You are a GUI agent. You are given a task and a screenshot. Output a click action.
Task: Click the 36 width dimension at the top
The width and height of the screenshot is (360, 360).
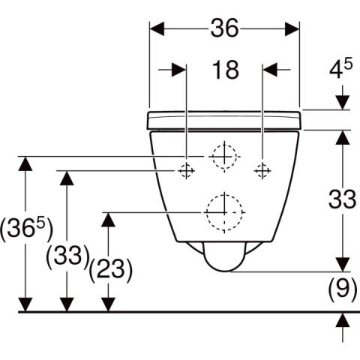tap(225, 28)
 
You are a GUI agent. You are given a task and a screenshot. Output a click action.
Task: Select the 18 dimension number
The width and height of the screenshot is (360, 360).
tap(226, 70)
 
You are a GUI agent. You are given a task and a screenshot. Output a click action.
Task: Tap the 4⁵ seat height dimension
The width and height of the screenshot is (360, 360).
tap(340, 68)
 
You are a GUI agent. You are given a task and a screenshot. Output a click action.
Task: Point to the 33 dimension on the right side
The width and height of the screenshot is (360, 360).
tap(342, 199)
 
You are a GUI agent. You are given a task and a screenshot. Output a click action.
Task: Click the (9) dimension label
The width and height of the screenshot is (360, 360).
tap(343, 289)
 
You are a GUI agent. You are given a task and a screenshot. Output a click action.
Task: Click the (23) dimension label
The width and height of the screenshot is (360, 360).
tap(111, 270)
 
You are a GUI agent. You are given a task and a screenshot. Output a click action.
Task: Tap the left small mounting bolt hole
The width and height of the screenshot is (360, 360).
tap(186, 171)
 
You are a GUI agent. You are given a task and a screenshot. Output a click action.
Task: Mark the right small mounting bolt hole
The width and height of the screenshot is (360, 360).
tap(262, 171)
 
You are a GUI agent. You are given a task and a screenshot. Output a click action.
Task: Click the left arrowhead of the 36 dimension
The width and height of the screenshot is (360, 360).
tap(157, 28)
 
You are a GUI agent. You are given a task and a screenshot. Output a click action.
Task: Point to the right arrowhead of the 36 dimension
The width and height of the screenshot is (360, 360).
tap(292, 28)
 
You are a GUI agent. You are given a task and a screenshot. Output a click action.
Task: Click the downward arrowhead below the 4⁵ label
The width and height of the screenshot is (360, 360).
tap(343, 103)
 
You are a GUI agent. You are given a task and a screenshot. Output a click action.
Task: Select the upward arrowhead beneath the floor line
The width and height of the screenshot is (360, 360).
tap(343, 320)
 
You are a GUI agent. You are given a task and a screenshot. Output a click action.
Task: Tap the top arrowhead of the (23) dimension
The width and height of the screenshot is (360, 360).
tap(108, 220)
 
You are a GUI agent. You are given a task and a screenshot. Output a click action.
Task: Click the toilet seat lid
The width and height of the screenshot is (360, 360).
tap(224, 121)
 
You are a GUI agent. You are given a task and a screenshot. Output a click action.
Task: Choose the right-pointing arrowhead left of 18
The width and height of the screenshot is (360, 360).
tap(179, 70)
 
